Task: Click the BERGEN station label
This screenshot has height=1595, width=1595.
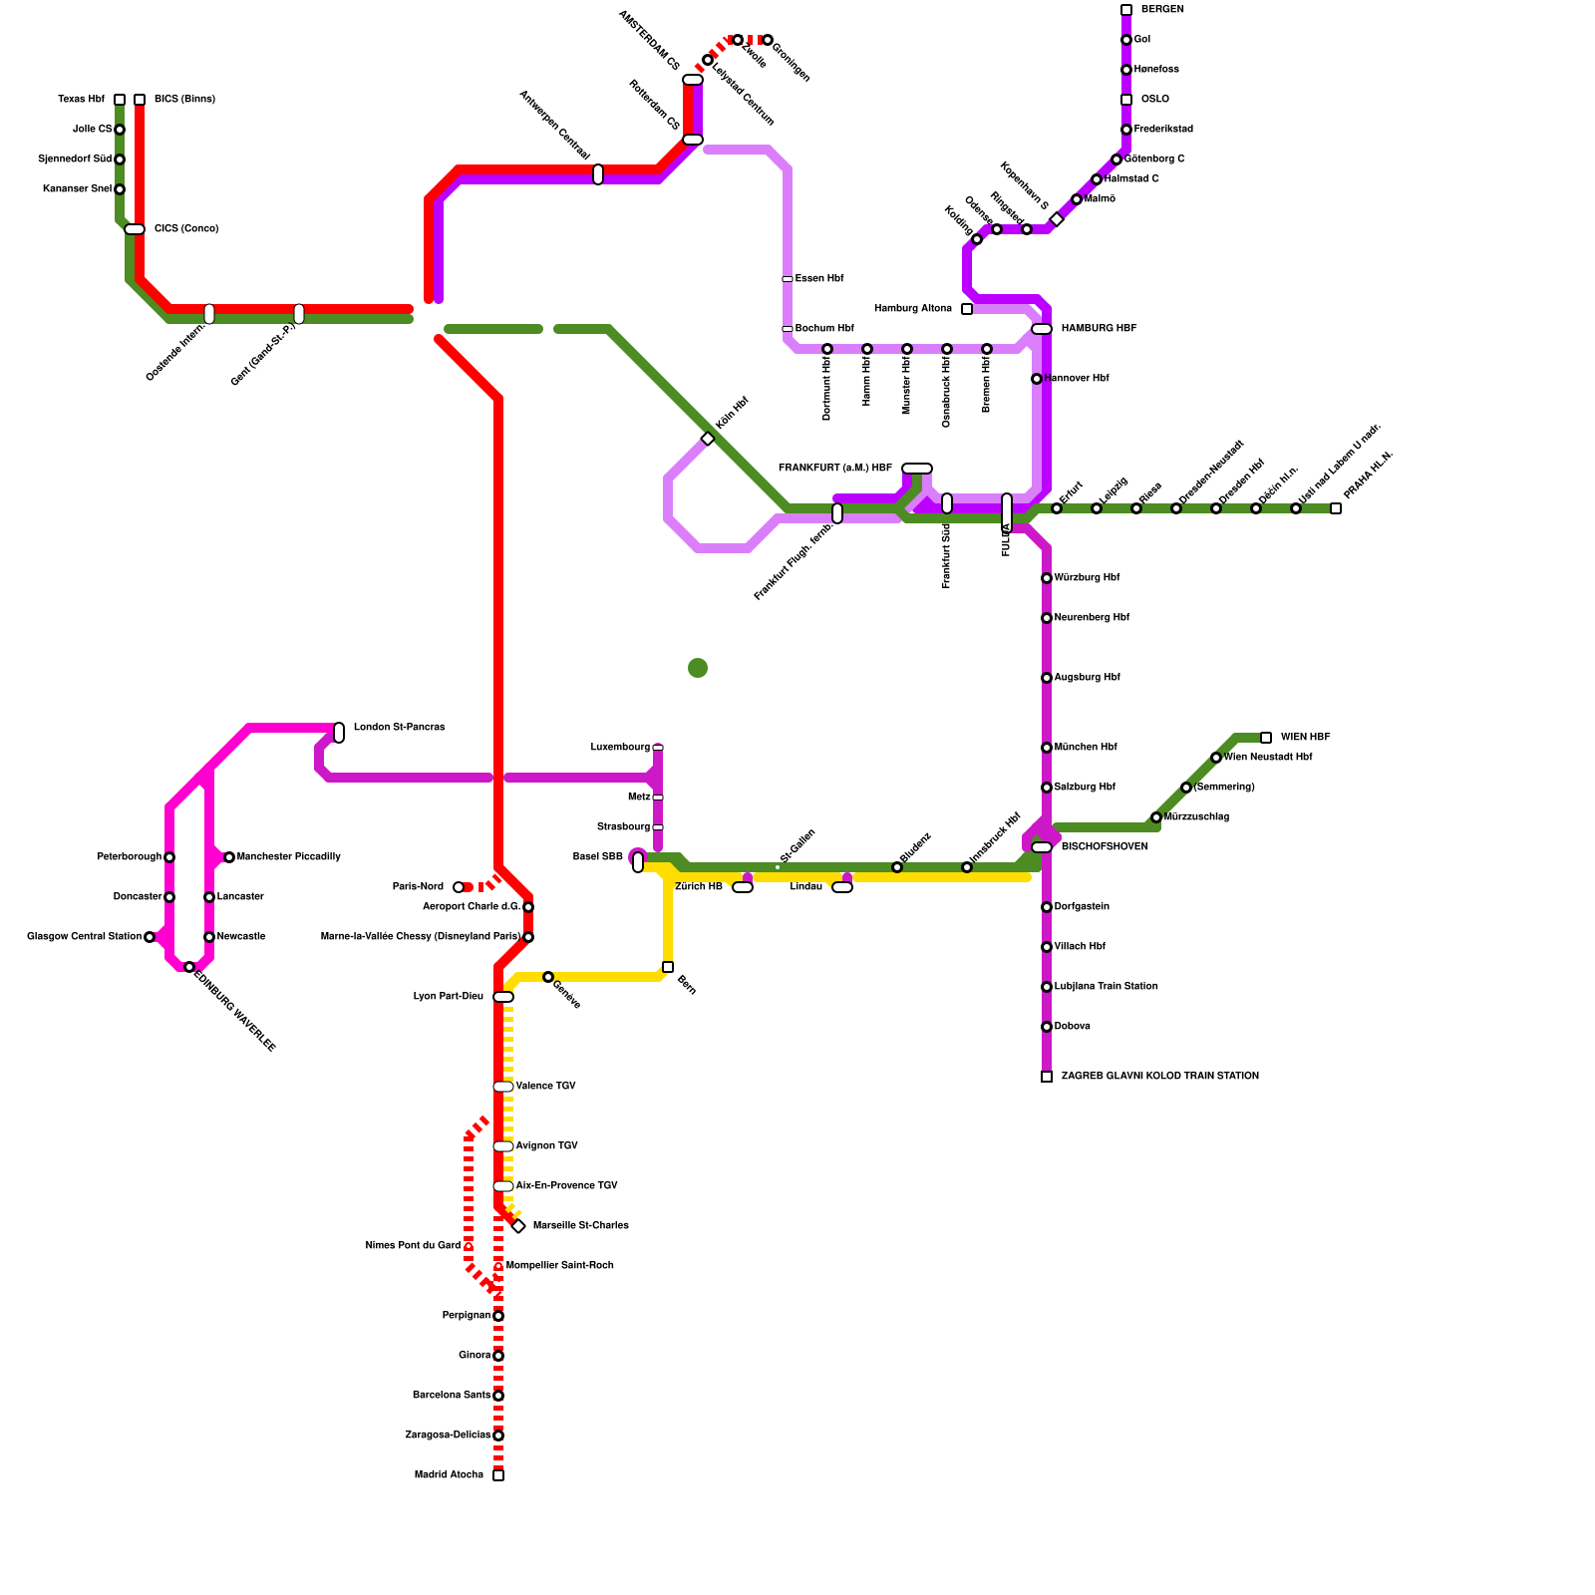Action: pos(1162,10)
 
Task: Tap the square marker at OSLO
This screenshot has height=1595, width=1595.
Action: pos(1126,100)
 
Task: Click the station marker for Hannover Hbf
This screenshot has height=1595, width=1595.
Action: pos(1037,379)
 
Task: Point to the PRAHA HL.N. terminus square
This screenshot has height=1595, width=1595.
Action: pos(1336,508)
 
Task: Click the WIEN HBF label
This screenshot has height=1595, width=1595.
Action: pos(1305,738)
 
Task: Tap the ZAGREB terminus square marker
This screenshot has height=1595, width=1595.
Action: pos(1047,1077)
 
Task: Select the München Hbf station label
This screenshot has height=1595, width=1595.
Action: pos(1085,748)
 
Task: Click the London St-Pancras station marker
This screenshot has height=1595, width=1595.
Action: pos(339,733)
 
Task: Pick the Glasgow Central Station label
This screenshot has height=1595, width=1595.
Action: pos(84,937)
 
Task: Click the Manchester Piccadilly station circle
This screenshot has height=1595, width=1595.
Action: pos(229,857)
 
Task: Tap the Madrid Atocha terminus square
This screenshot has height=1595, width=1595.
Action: pos(498,1475)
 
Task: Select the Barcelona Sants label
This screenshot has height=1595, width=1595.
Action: pos(451,1396)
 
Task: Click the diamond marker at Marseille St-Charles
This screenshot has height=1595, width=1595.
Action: pos(518,1226)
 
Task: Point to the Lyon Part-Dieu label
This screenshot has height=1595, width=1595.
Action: pos(448,997)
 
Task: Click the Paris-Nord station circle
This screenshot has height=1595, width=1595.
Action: pos(459,887)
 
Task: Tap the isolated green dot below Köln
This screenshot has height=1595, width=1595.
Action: pos(698,668)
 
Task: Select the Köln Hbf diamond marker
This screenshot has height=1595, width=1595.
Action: pos(708,439)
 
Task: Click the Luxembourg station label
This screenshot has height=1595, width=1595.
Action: pos(619,748)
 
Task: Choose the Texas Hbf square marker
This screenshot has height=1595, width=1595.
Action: pos(120,100)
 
